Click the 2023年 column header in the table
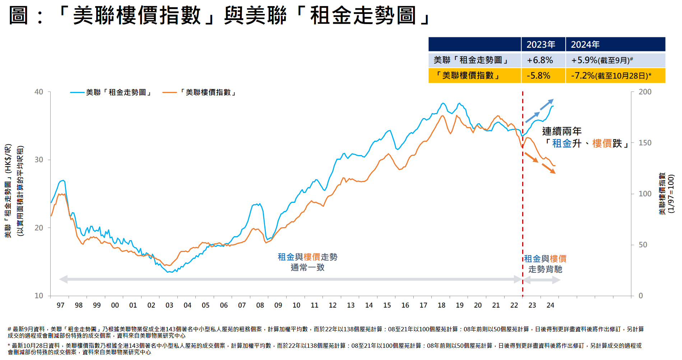point(541,45)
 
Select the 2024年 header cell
point(585,45)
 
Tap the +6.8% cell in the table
point(540,60)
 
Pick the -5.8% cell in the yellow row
point(538,75)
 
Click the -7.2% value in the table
point(583,75)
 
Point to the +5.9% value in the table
point(584,60)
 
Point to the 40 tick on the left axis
point(39,92)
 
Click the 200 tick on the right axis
point(645,92)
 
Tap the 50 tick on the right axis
point(643,245)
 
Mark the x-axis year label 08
point(260,305)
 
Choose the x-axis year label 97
point(60,305)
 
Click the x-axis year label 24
point(550,305)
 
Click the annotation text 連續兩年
point(562,131)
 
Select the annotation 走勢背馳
point(545,269)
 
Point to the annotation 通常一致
point(307,267)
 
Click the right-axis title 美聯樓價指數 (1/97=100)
point(667,194)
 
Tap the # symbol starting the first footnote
point(9,329)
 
